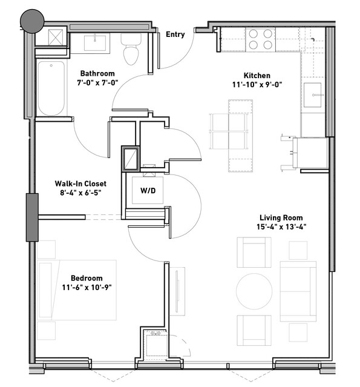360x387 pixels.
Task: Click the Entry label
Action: point(175,35)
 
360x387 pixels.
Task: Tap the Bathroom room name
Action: point(97,73)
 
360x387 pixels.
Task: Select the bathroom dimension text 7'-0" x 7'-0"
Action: point(97,82)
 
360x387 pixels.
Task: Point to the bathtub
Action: point(51,88)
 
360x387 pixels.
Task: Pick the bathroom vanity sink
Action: point(95,43)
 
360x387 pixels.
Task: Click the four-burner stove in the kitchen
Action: point(260,39)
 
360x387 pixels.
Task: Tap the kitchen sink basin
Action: point(312,95)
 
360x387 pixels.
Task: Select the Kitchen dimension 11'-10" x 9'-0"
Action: point(257,85)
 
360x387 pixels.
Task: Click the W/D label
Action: point(148,191)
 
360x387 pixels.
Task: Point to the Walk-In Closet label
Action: point(80,184)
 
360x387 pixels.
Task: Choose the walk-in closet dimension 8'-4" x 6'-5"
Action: point(80,193)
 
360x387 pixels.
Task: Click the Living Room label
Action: point(281,217)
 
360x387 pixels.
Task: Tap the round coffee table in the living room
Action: point(254,291)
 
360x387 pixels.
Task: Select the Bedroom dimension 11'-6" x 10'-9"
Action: point(87,287)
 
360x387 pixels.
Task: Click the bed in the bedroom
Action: point(77,290)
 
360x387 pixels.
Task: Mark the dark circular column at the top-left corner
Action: point(32,21)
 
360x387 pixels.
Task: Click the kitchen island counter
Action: point(240,136)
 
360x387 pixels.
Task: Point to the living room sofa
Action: point(298,291)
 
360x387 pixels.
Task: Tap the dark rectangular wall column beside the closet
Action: point(32,217)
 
